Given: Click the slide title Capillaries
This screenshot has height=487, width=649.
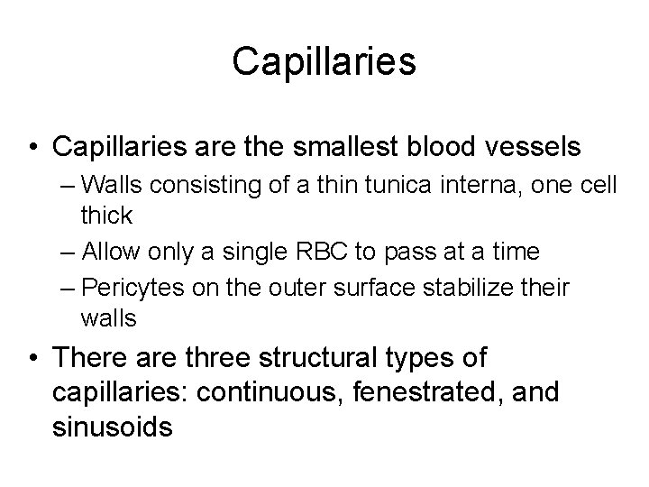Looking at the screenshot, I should point(324,62).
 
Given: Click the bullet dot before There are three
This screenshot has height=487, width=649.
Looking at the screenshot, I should point(31,358).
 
